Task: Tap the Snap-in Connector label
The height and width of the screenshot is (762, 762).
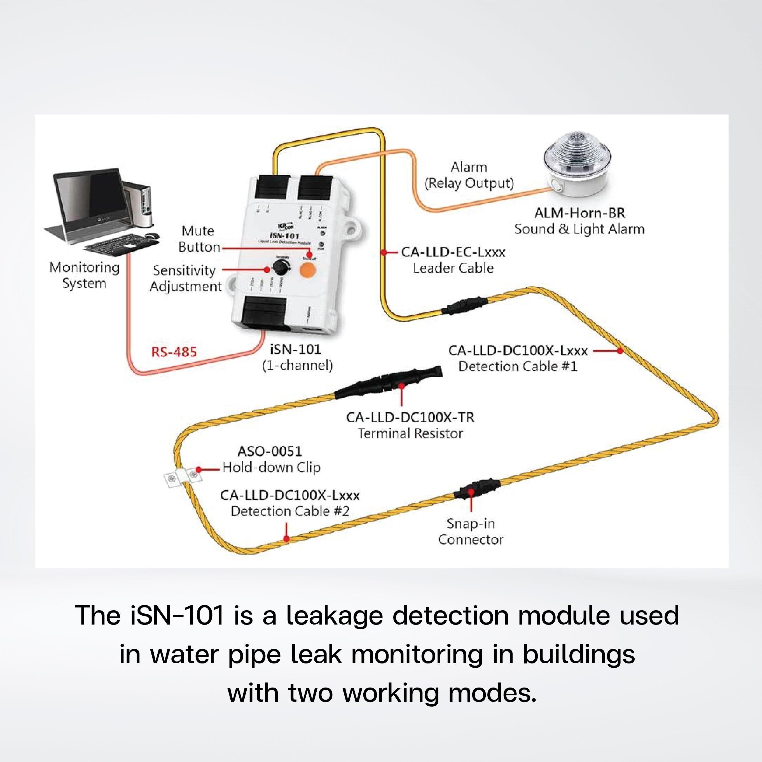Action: [471, 532]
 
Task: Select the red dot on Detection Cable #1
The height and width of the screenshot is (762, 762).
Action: [620, 350]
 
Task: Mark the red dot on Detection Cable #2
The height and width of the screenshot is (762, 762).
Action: [287, 539]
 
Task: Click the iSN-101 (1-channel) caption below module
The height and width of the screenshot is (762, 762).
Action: [297, 357]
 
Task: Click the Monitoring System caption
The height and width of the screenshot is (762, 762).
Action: [85, 275]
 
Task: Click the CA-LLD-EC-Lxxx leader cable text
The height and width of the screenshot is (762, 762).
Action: [453, 252]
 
